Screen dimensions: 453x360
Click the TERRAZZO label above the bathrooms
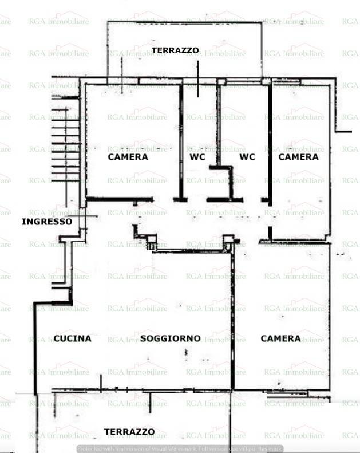[175, 50]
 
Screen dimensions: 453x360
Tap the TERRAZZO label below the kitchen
[129, 432]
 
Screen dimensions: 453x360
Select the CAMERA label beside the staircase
[128, 157]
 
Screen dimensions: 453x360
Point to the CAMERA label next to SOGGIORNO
[280, 338]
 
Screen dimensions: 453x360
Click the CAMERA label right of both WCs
[298, 157]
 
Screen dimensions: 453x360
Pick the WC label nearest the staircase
[197, 157]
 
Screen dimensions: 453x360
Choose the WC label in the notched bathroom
[247, 157]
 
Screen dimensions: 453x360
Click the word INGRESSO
[47, 222]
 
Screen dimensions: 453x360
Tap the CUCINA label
[72, 338]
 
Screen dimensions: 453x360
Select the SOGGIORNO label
[170, 338]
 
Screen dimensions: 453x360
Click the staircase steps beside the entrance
[64, 143]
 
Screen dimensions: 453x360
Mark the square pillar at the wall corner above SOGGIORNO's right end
[228, 241]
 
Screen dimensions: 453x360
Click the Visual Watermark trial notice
[180, 449]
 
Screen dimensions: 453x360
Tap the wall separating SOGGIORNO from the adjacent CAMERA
[232, 321]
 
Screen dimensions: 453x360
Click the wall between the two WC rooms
[218, 126]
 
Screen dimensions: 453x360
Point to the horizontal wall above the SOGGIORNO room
[192, 251]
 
